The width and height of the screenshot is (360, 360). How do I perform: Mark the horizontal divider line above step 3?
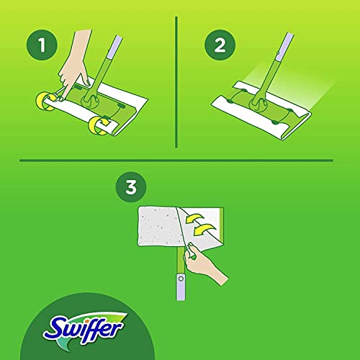(180, 160)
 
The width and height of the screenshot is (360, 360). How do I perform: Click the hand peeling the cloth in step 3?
(204, 261)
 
